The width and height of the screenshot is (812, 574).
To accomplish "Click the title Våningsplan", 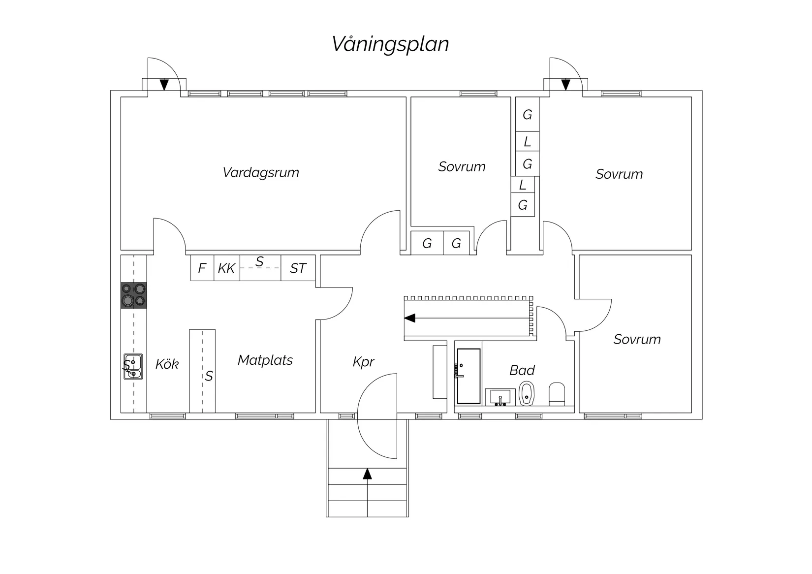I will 390,44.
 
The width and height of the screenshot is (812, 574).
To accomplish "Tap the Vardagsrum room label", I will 261,172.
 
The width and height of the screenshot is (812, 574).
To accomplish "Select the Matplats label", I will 265,360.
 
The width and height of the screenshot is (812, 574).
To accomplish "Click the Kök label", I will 167,364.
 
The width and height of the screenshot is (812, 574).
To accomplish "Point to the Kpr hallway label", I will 363,362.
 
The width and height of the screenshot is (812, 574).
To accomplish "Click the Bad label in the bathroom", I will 522,370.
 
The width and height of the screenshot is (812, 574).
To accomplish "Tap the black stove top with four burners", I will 134,295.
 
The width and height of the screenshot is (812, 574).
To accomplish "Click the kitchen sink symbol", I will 133,367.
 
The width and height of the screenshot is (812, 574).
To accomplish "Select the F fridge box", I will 202,268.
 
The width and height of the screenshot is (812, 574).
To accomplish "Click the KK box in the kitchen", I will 226,268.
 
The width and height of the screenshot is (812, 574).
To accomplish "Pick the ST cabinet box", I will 298,268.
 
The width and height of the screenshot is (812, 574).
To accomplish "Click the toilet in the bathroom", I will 557,394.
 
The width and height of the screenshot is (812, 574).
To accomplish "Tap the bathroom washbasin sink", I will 500,397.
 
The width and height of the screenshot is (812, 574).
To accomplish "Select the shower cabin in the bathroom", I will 468,376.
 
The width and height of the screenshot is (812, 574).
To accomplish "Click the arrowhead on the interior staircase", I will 409,319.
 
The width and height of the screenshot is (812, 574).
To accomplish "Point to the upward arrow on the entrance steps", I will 367,474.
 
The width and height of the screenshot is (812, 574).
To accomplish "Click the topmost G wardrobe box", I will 527,115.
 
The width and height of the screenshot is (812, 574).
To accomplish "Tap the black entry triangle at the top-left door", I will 164,85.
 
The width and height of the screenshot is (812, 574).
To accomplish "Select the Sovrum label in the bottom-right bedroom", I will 637,339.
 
